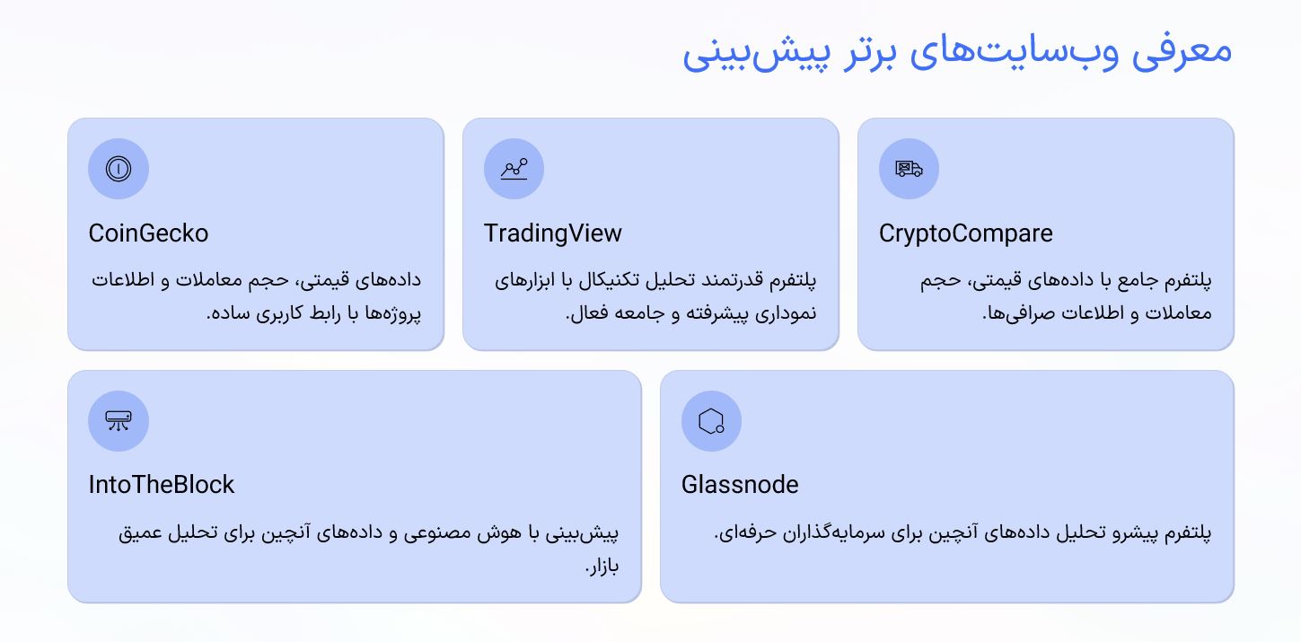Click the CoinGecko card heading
148,233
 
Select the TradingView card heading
552,233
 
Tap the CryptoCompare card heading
965,233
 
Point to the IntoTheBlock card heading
161,485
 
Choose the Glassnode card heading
740,485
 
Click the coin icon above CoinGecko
119,169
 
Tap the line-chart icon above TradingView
514,169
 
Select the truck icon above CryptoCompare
909,169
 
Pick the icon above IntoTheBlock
119,420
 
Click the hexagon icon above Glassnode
711,420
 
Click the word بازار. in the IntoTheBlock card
602,567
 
